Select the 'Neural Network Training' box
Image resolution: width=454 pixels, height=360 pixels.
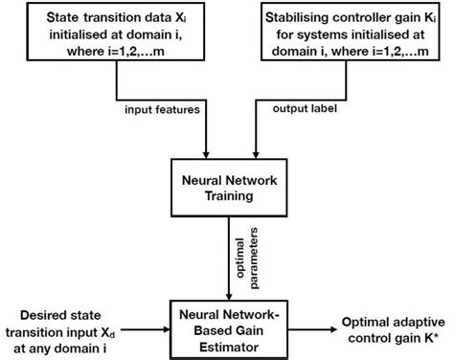pyautogui.click(x=226, y=188)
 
